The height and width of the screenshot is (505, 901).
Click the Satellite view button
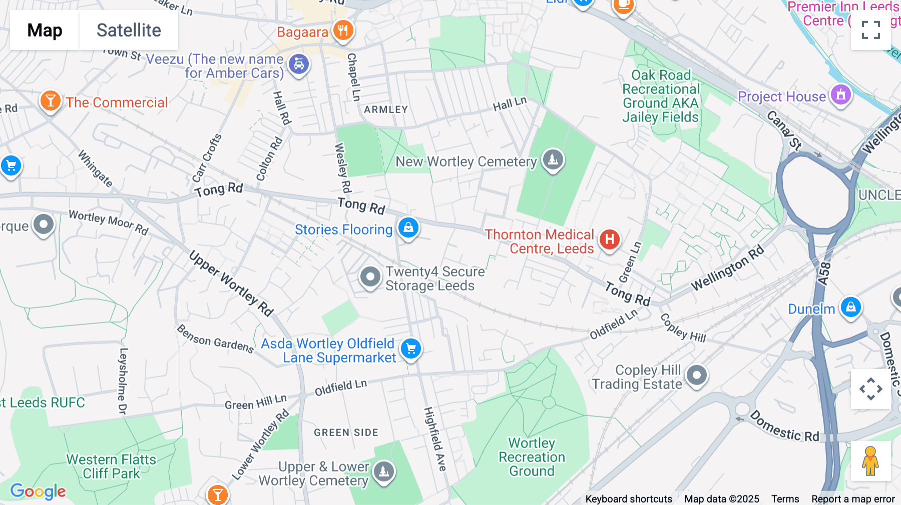pyautogui.click(x=129, y=30)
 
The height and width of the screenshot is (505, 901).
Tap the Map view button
pyautogui.click(x=45, y=30)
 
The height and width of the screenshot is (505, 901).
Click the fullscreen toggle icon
pyautogui.click(x=870, y=30)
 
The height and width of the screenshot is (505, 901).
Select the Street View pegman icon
pyautogui.click(x=870, y=461)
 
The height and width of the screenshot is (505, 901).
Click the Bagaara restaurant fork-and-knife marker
pyautogui.click(x=343, y=30)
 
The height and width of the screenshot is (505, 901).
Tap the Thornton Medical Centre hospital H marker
pyautogui.click(x=609, y=239)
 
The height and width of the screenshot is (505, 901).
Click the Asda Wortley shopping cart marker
pyautogui.click(x=411, y=348)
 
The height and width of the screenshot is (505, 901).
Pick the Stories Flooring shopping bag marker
pyautogui.click(x=408, y=227)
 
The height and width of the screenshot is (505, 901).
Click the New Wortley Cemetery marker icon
pyautogui.click(x=553, y=160)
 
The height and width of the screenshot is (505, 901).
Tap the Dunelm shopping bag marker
pyautogui.click(x=850, y=307)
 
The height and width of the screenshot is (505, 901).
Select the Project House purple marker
pyautogui.click(x=841, y=94)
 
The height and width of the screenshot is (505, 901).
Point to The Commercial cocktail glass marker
pyautogui.click(x=50, y=101)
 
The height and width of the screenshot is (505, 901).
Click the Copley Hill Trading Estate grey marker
pyautogui.click(x=696, y=375)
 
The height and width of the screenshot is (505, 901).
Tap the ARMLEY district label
pyautogui.click(x=386, y=109)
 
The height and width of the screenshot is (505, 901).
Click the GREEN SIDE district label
pyautogui.click(x=346, y=432)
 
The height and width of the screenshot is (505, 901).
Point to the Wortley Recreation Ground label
pyautogui.click(x=532, y=457)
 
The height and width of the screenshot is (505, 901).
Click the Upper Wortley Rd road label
pyautogui.click(x=231, y=283)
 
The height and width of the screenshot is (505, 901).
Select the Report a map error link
pyautogui.click(x=853, y=499)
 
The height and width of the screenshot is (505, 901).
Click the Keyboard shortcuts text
pyautogui.click(x=629, y=499)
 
